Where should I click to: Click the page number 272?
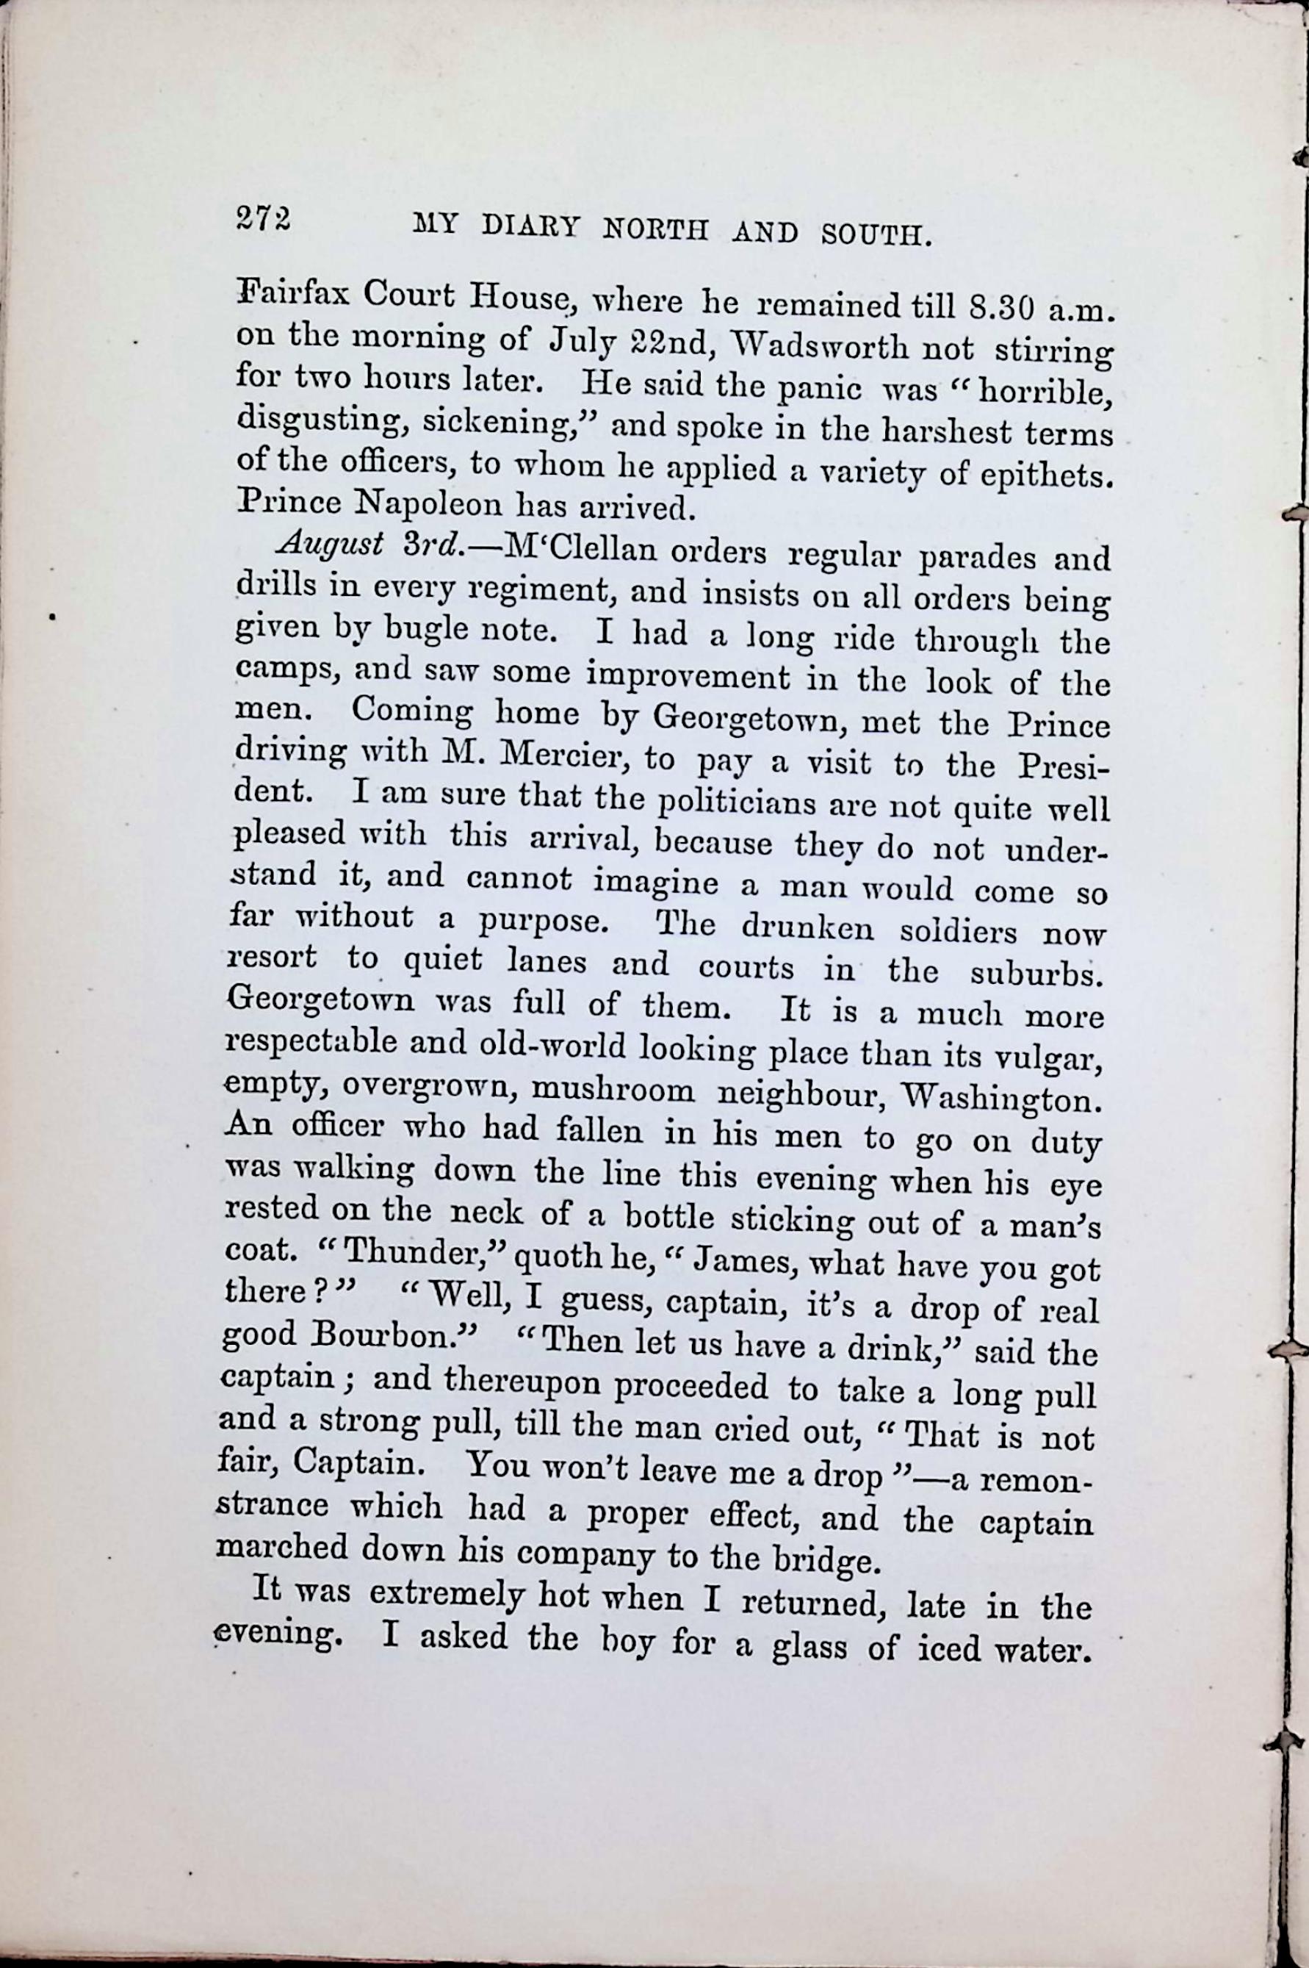coord(263,220)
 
